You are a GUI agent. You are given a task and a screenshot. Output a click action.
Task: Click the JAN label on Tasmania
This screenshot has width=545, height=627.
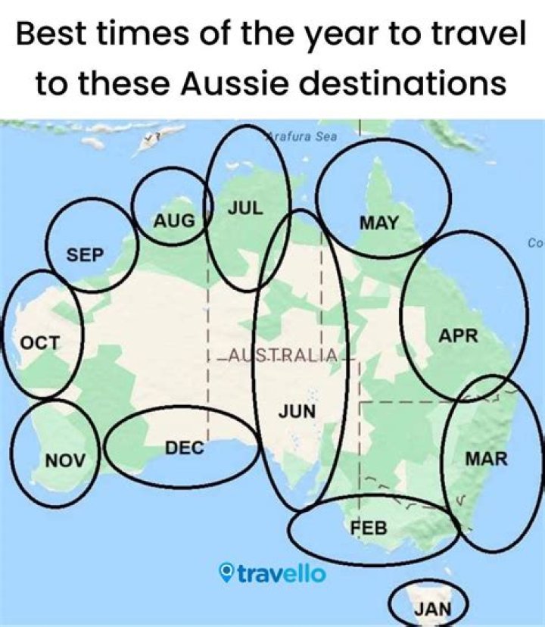coord(432,608)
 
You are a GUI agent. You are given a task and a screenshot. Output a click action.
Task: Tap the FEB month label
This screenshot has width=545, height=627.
coord(369,526)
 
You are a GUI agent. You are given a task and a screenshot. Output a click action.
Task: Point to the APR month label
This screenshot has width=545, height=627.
coord(459,335)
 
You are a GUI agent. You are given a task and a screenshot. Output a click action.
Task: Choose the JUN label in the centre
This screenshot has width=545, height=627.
coord(297,411)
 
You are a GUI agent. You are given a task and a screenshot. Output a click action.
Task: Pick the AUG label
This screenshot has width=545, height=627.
coord(174,221)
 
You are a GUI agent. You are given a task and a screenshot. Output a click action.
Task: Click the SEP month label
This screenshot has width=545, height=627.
coord(85,254)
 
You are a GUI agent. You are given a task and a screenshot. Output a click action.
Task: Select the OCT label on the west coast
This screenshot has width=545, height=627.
coord(39,342)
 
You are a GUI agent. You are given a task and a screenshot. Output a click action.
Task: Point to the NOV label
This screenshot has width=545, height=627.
coord(66,459)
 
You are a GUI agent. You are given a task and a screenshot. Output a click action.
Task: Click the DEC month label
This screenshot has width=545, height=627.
coord(185,448)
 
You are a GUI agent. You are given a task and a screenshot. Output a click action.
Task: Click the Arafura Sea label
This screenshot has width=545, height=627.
coord(301,137)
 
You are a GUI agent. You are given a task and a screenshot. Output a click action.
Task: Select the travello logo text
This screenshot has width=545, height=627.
coord(282,573)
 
